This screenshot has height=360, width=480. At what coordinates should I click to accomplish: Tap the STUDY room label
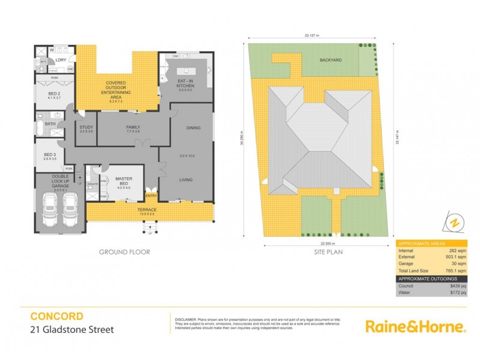(x=86, y=127)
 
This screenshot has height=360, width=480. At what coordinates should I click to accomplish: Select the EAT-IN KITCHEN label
(x=184, y=83)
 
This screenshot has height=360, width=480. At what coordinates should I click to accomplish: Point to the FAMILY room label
(x=133, y=127)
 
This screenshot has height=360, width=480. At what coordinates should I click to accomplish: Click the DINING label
(x=193, y=127)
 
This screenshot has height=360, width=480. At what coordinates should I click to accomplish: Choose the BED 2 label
(x=55, y=94)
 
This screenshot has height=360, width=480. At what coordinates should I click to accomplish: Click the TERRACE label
(x=148, y=209)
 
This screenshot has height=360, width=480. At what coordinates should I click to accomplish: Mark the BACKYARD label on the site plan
(x=331, y=61)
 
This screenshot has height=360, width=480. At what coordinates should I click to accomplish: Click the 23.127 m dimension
(x=311, y=36)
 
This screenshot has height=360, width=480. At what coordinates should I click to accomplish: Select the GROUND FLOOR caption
(x=124, y=253)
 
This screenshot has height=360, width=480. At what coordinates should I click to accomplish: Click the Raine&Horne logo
(x=415, y=326)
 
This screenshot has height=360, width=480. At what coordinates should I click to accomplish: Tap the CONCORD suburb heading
(x=57, y=316)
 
